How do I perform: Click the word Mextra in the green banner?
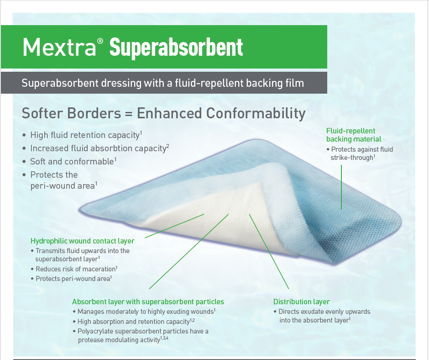click(x=58, y=47)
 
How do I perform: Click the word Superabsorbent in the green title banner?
click(x=176, y=48)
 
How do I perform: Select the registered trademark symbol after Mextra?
click(x=100, y=42)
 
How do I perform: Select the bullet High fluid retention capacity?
click(x=84, y=135)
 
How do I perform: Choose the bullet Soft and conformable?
click(x=72, y=162)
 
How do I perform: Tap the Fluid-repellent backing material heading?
click(x=353, y=135)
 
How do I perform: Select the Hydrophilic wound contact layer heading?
click(x=82, y=241)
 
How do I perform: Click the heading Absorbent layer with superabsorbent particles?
click(x=148, y=302)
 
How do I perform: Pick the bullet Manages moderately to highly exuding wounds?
click(x=146, y=312)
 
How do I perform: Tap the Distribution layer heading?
click(x=301, y=302)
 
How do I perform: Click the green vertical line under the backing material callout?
click(x=341, y=187)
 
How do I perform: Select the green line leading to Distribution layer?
click(x=269, y=251)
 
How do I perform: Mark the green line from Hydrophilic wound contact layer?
click(x=173, y=226)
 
